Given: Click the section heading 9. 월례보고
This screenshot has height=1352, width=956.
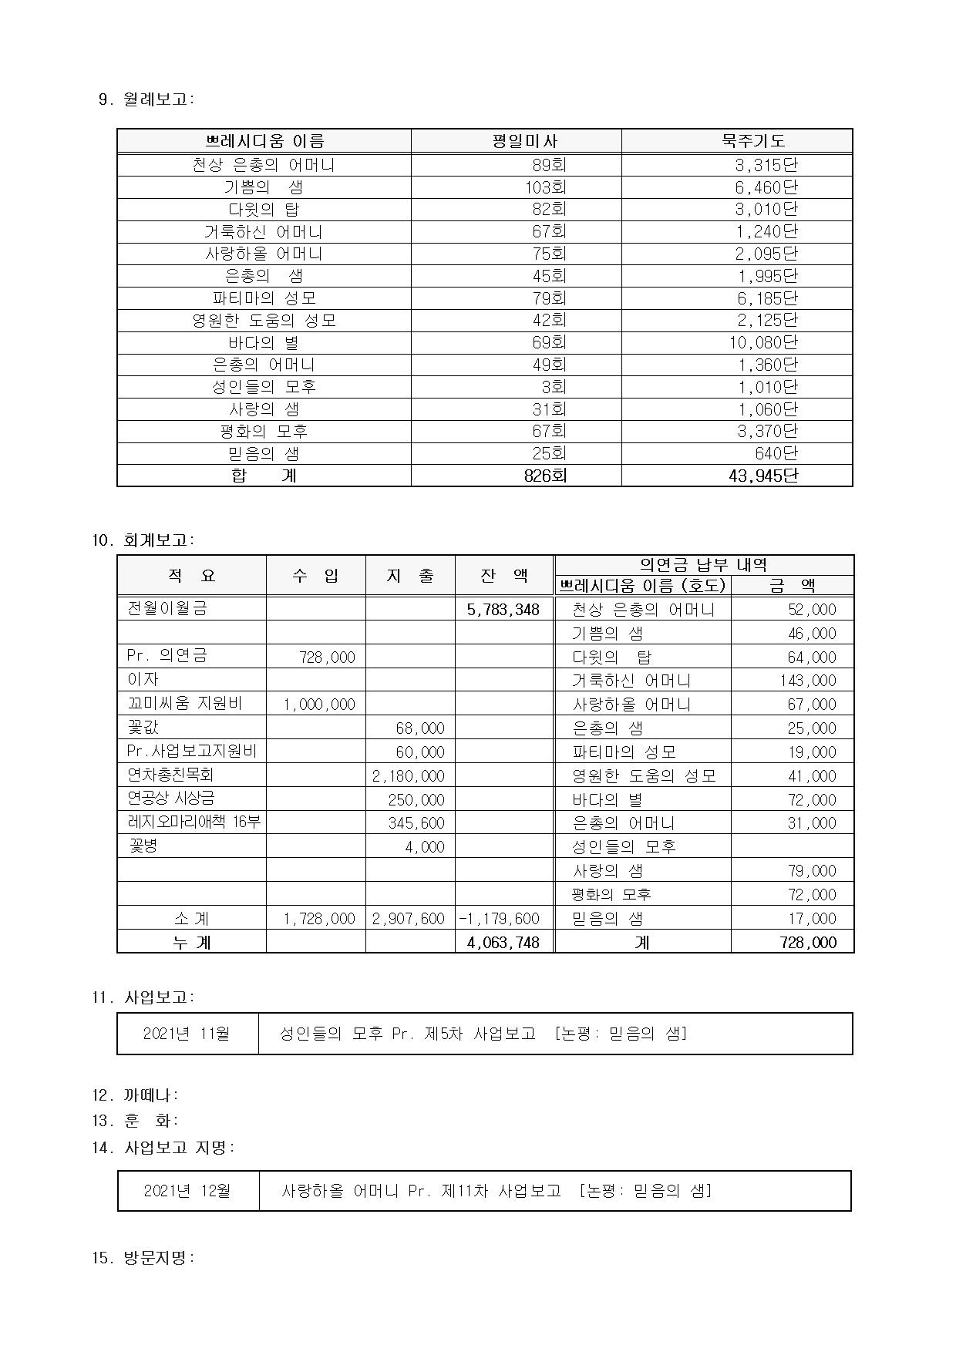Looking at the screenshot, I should tap(147, 99).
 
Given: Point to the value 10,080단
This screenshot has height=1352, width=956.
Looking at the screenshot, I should tap(763, 342).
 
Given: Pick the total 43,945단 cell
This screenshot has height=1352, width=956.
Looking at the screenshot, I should tap(762, 476).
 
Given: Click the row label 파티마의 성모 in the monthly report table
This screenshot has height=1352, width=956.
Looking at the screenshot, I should tap(264, 298).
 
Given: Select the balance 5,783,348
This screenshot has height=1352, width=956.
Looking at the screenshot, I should tap(503, 610).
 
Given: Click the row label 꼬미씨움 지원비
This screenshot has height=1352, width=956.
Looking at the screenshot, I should tap(184, 703).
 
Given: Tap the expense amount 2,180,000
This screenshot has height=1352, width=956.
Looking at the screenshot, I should tap(409, 776).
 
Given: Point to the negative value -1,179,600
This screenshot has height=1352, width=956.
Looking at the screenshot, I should tap(500, 919).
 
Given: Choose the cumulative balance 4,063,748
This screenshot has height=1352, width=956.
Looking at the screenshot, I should tap(503, 942).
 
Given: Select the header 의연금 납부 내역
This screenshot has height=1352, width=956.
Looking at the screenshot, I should tap(703, 565).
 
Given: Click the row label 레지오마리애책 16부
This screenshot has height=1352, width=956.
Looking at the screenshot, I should tap(194, 822).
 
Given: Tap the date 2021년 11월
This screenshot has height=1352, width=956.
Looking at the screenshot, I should tap(187, 1034).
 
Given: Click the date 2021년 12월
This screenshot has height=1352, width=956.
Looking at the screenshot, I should tap(187, 1191).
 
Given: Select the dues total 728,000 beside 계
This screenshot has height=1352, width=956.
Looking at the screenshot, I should tap(808, 942).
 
